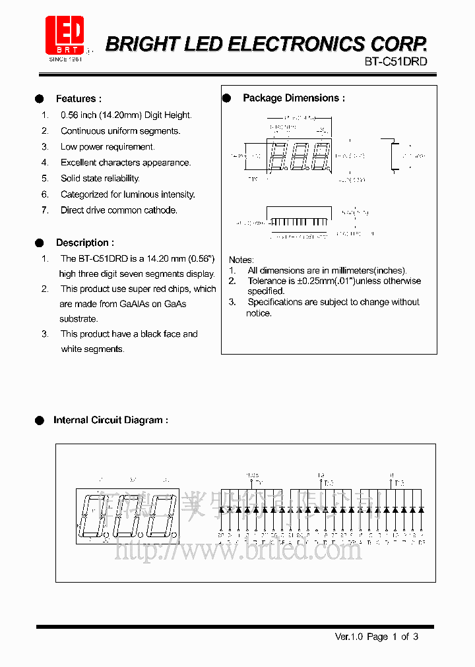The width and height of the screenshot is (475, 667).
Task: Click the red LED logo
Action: [x=64, y=36]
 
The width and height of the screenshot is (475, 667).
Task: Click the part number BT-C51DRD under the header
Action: [x=396, y=61]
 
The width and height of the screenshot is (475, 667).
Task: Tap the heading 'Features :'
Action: [x=79, y=99]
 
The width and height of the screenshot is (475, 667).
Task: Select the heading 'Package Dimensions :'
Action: [x=294, y=98]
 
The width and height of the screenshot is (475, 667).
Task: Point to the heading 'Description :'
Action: [x=84, y=243]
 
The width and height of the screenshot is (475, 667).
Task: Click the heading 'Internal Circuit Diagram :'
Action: [x=110, y=420]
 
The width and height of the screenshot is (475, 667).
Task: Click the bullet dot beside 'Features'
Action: [x=40, y=99]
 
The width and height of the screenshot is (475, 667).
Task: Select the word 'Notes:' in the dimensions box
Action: [x=241, y=260]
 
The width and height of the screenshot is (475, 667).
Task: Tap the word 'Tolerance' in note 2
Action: [x=267, y=281]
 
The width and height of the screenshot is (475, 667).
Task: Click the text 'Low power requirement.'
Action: [x=108, y=147]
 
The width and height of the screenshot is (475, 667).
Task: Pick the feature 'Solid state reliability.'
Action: [x=100, y=179]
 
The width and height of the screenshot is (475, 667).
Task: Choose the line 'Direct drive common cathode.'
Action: [x=119, y=210]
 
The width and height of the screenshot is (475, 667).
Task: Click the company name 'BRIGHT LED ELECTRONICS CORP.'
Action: [x=267, y=44]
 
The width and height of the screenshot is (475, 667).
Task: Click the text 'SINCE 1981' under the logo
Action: [x=64, y=59]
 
